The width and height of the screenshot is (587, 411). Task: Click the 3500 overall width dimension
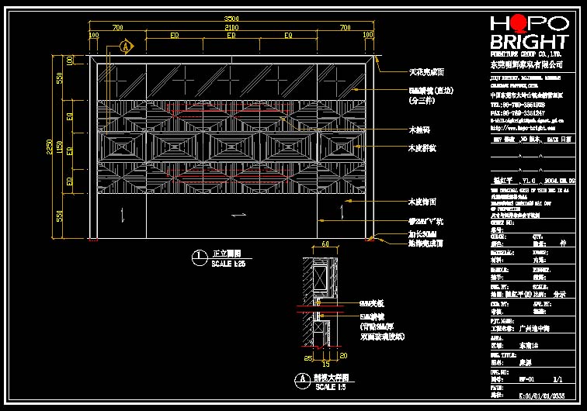231,18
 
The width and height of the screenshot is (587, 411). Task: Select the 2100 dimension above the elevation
231,27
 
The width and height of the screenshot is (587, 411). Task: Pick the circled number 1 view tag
200,254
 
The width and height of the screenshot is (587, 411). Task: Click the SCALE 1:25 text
228,264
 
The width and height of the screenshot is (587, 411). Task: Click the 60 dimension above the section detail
325,244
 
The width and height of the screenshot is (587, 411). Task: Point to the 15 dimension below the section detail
325,364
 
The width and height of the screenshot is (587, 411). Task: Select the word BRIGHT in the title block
529,42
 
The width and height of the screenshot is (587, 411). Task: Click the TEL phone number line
517,104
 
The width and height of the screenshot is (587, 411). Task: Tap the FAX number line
517,112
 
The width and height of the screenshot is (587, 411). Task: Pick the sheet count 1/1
557,381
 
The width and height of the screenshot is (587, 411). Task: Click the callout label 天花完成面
426,72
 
